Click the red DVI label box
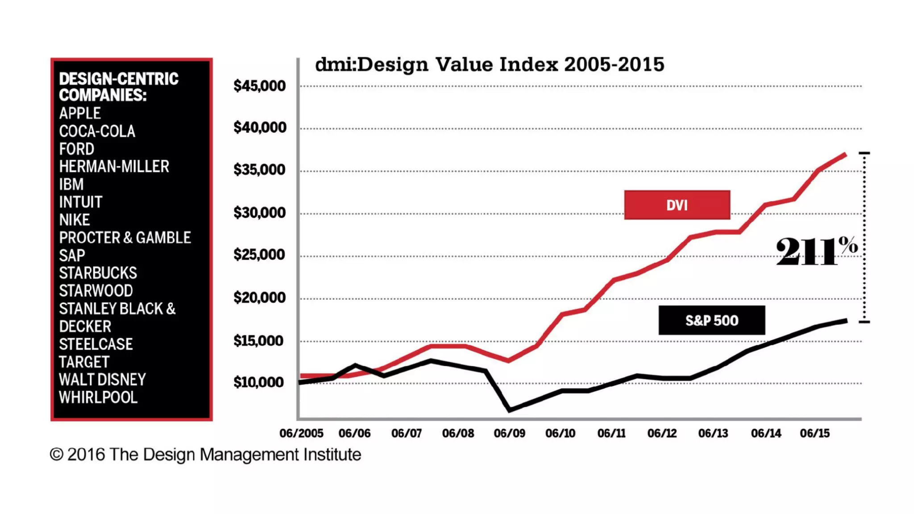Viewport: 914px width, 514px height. coord(677,205)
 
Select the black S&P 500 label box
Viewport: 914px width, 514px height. coord(711,320)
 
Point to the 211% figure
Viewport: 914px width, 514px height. coord(816,251)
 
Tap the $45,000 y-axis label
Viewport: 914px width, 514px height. coord(259,86)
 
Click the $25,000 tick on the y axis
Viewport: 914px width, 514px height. coord(259,255)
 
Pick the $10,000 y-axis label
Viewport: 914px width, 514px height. coord(258,382)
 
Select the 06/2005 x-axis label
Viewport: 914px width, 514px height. coord(301,433)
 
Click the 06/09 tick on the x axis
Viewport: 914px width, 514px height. coord(509,433)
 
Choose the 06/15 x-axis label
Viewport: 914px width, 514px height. coord(814,433)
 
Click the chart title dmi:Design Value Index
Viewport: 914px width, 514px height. coord(490,65)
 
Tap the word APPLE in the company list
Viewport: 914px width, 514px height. coord(80,113)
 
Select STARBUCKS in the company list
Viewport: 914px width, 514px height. coord(98,273)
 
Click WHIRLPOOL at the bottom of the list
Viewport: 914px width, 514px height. coord(98,398)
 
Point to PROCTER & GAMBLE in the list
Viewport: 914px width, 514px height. coord(125,238)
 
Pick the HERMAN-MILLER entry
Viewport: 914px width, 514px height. coord(114,167)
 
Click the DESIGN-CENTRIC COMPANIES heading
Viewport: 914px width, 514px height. coord(118,87)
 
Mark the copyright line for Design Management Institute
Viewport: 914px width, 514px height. coord(205,455)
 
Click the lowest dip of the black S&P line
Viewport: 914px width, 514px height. coord(510,410)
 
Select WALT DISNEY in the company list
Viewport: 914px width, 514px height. coord(102,380)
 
